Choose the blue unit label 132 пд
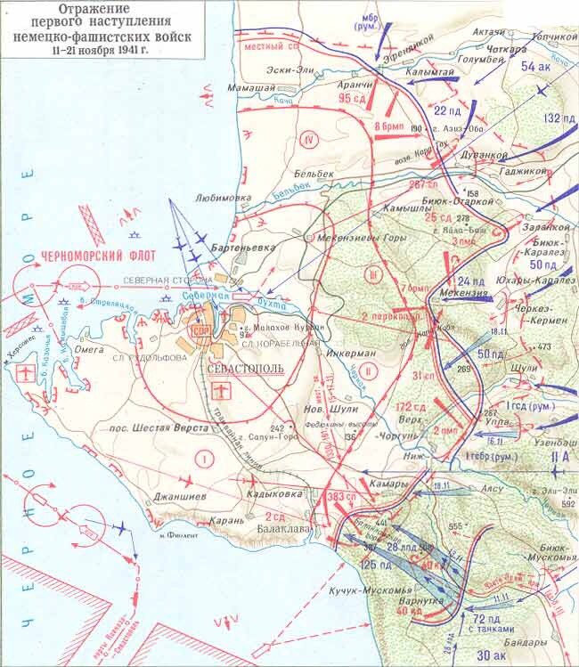click(x=556, y=118)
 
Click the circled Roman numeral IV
click(x=310, y=139)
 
